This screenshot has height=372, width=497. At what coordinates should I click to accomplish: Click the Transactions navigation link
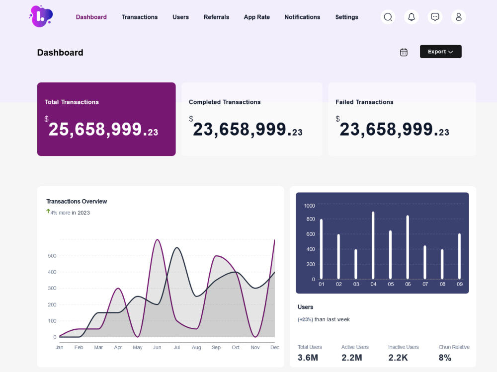click(140, 17)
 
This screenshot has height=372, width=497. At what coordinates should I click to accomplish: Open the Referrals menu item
click(216, 17)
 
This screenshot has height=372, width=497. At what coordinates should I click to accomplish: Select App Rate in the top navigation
click(257, 17)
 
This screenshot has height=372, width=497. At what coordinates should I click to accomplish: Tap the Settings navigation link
click(346, 17)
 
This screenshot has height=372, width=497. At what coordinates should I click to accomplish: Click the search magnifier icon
click(388, 17)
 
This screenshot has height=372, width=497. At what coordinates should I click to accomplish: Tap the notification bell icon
click(412, 17)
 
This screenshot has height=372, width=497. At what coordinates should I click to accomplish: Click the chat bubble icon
click(435, 17)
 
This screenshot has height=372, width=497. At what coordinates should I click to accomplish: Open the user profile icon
click(458, 17)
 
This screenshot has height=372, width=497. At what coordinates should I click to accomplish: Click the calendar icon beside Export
click(404, 52)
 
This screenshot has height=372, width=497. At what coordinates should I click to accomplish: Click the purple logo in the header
click(41, 16)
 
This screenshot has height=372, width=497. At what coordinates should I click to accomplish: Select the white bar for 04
click(373, 245)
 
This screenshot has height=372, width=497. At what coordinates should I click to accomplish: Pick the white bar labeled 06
click(408, 247)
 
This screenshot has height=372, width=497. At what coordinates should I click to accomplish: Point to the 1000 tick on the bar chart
click(309, 206)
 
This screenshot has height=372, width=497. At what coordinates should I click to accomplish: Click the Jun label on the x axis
click(157, 347)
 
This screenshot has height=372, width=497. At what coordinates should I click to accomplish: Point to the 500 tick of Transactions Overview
click(52, 256)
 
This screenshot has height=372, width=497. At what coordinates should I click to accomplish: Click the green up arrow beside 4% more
click(48, 211)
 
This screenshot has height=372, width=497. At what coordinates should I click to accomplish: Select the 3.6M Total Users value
click(308, 358)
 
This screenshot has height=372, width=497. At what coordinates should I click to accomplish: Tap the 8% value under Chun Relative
click(445, 358)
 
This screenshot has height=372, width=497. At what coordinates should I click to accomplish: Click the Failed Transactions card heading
click(364, 102)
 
